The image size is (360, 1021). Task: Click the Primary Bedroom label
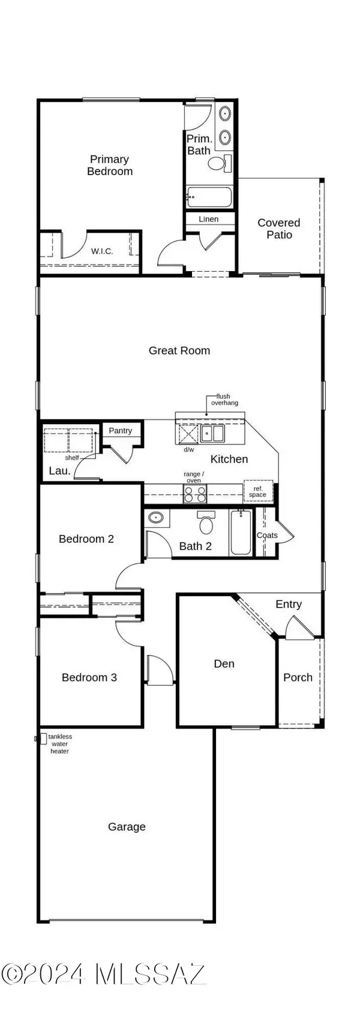tap(110, 165)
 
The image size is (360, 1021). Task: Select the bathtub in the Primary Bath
tap(209, 196)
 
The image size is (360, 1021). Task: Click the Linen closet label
tap(209, 219)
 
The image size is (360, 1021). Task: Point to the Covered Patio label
tap(279, 229)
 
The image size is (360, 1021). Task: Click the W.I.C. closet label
tap(102, 251)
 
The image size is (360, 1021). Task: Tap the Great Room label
tap(179, 350)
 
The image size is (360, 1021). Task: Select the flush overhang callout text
tap(224, 400)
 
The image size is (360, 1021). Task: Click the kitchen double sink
tap(212, 433)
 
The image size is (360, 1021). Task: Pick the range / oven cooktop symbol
tap(194, 494)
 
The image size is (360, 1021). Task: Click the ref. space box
tap(258, 491)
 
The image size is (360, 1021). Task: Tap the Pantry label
tap(121, 431)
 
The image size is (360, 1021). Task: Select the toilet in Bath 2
tap(207, 524)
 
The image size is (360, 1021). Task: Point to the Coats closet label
tap(267, 535)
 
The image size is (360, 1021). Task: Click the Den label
tap(224, 663)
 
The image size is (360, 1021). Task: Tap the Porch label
tap(298, 677)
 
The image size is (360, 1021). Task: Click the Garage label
tap(127, 827)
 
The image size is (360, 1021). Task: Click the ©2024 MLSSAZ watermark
tap(103, 973)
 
